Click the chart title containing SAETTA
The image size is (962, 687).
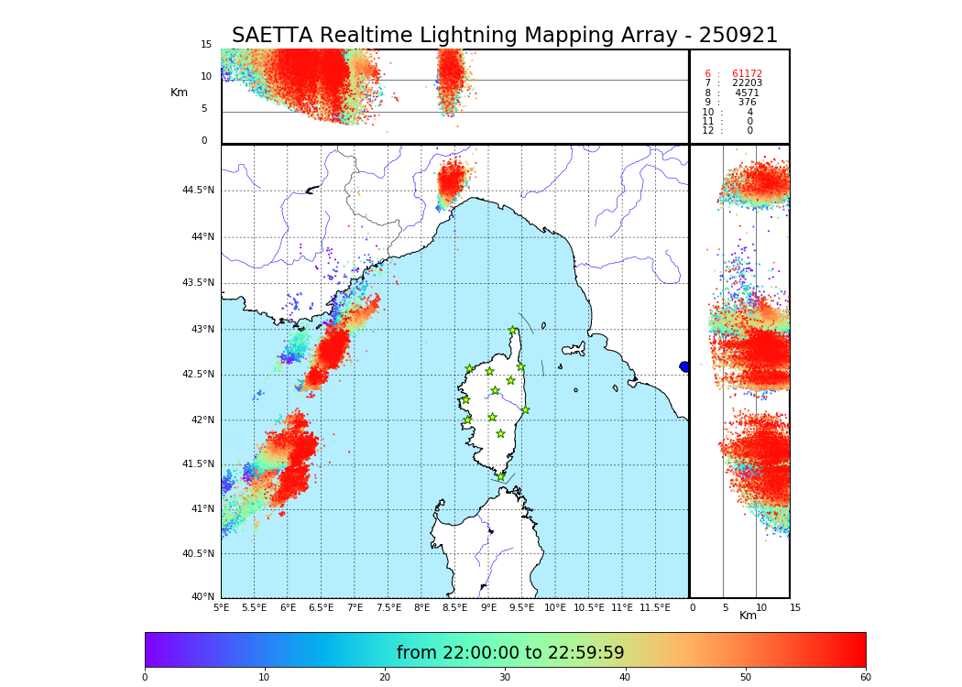pos(504,36)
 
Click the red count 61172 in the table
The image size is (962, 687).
pos(747,74)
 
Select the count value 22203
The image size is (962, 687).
pos(747,83)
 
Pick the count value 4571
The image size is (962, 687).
pos(747,93)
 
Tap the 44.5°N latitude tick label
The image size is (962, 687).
pos(198,191)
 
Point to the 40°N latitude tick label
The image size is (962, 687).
pos(202,597)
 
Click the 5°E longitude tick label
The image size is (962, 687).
pos(221,608)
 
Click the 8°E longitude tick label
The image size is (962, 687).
pos(421,608)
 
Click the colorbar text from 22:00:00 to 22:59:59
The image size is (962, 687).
pos(510,653)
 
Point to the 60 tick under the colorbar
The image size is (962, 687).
pos(865,678)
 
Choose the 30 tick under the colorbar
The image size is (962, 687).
pos(505,678)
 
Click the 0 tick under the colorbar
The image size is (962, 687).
pos(145,678)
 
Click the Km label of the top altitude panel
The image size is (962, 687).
pos(179,93)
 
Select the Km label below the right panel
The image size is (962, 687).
pos(748,616)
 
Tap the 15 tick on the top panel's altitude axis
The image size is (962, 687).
pos(206,45)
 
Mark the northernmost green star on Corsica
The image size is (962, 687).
pos(513,331)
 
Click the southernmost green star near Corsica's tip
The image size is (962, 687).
pos(500,476)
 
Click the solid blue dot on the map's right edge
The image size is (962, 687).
pos(684,366)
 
